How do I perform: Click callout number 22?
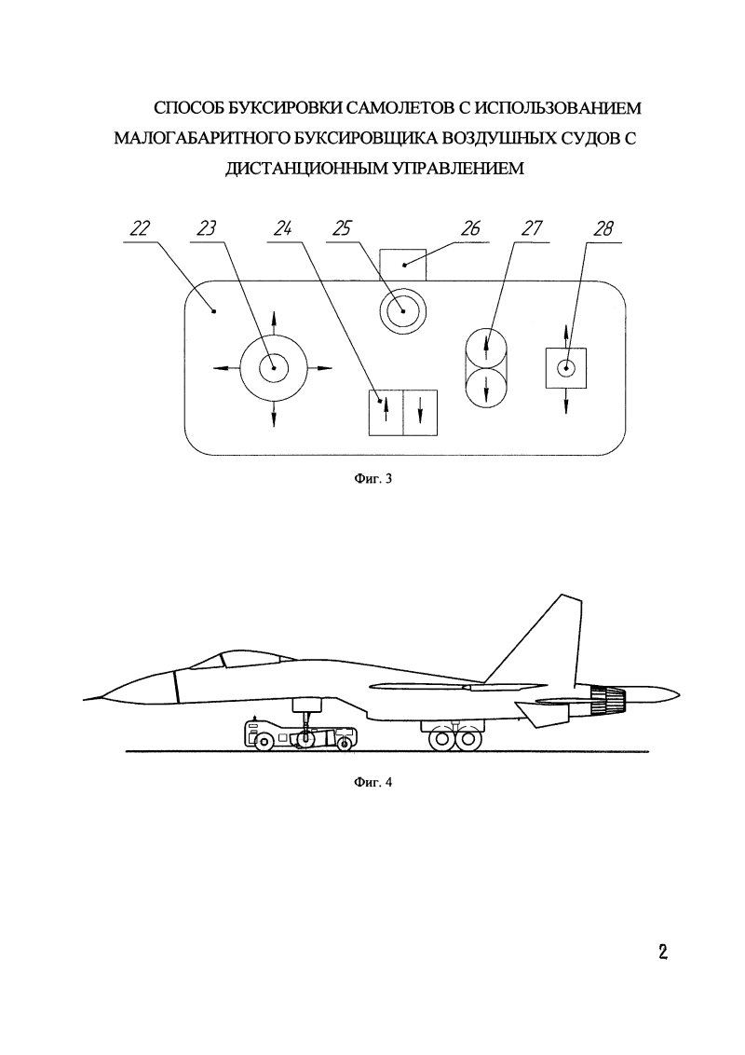pyautogui.click(x=139, y=228)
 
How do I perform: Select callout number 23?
pyautogui.click(x=207, y=228)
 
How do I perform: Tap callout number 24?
pyautogui.click(x=282, y=228)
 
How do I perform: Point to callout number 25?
pyautogui.click(x=342, y=228)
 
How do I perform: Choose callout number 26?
pyautogui.click(x=470, y=228)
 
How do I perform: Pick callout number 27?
pyautogui.click(x=532, y=228)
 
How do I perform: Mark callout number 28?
pyautogui.click(x=603, y=228)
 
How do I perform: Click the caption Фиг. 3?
pyautogui.click(x=372, y=480)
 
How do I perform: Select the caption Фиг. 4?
pyautogui.click(x=372, y=783)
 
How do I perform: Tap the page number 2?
pyautogui.click(x=662, y=952)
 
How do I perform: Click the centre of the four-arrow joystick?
pyautogui.click(x=274, y=367)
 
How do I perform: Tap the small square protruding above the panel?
pyautogui.click(x=402, y=265)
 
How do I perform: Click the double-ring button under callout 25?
pyautogui.click(x=402, y=311)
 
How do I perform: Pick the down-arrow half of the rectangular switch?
pyautogui.click(x=420, y=413)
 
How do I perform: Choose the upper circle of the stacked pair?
pyautogui.click(x=487, y=349)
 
